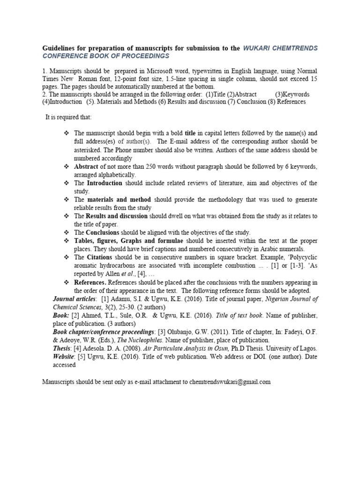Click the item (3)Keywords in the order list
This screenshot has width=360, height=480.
pos(292,94)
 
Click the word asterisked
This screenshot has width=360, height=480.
pos(89,150)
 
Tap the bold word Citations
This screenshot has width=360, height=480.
pos(101,257)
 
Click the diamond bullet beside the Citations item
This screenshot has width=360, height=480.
pos(67,257)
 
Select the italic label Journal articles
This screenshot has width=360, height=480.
pos(74,299)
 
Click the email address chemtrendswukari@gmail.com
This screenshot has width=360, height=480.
pos(230,382)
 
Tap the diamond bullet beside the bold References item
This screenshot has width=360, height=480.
pos(67,282)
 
